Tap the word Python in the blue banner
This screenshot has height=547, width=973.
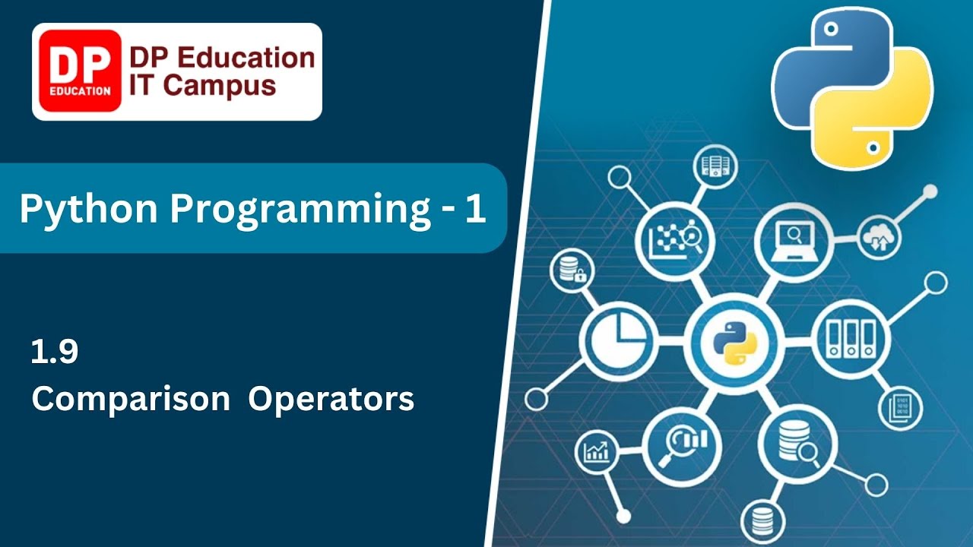tap(85, 209)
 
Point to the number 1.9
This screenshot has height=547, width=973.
tap(55, 353)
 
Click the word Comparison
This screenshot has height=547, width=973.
tap(131, 399)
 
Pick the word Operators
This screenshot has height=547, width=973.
tap(331, 399)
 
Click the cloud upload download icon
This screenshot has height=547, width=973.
tap(880, 237)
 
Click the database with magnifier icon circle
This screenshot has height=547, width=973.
tap(797, 445)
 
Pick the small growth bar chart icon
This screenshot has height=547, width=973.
tap(595, 451)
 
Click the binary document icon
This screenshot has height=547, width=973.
tap(900, 406)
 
